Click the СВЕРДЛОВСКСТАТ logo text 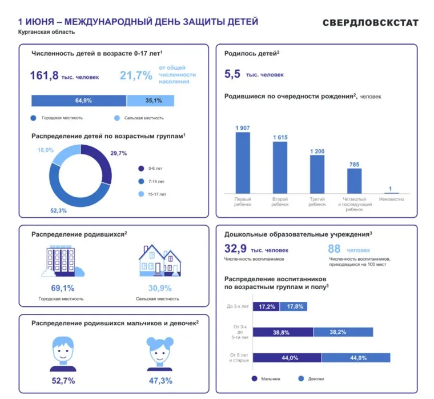(x=370, y=23)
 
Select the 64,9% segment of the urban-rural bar (x=79, y=101)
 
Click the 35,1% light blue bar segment (x=150, y=101)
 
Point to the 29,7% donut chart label (x=118, y=153)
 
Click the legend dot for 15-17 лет (x=141, y=194)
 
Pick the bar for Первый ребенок (x=243, y=162)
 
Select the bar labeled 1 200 (x=317, y=174)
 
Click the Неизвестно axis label (x=391, y=199)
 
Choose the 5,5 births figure (x=232, y=74)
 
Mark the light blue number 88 (x=334, y=249)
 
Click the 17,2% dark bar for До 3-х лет (x=266, y=307)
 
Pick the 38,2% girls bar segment (x=343, y=332)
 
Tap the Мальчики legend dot (x=254, y=378)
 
